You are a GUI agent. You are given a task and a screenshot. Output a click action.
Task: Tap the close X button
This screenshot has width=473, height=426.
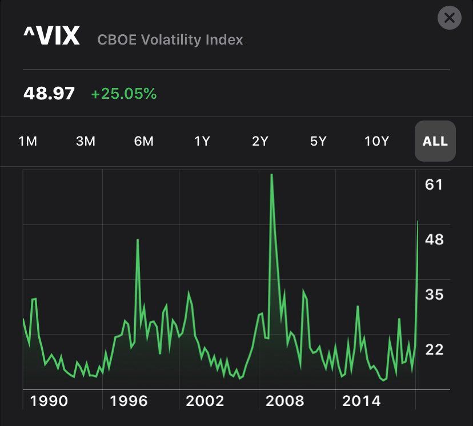click(449, 18)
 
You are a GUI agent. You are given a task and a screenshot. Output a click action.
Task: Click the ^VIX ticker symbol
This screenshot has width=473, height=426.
click(51, 37)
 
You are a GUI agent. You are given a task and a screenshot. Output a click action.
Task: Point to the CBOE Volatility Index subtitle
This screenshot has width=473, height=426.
click(170, 40)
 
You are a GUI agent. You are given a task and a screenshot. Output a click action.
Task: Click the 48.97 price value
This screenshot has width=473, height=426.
click(49, 93)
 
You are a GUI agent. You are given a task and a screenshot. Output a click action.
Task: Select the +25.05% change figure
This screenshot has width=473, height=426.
click(124, 94)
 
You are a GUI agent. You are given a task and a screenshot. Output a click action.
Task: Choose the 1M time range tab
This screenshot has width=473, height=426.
click(28, 141)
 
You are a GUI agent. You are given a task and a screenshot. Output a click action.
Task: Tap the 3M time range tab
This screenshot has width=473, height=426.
click(86, 141)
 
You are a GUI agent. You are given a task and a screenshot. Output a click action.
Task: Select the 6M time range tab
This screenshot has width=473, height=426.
click(144, 141)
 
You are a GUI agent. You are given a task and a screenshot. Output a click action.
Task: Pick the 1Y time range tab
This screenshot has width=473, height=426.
click(202, 141)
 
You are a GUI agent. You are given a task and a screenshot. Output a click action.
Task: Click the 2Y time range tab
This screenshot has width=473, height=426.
click(260, 141)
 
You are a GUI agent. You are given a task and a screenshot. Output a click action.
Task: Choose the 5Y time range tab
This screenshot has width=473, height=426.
click(318, 141)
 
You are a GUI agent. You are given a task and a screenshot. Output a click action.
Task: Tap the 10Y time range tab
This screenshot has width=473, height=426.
click(376, 141)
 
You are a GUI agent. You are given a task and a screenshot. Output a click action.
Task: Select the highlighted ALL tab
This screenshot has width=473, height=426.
click(435, 141)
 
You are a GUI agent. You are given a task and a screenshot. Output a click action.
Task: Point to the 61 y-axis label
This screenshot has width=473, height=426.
click(434, 184)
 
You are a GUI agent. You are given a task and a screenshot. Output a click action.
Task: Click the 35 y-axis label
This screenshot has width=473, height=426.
click(434, 295)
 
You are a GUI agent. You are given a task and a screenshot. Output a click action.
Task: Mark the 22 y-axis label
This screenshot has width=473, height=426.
click(434, 349)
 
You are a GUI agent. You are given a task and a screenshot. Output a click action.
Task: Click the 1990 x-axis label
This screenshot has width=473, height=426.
click(49, 401)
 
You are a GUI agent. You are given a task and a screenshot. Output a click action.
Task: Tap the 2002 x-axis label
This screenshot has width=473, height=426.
click(205, 401)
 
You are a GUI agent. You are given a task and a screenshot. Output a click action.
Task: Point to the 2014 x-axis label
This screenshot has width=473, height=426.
click(361, 401)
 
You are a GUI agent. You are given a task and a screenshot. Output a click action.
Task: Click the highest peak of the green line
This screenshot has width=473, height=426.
click(271, 174)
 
